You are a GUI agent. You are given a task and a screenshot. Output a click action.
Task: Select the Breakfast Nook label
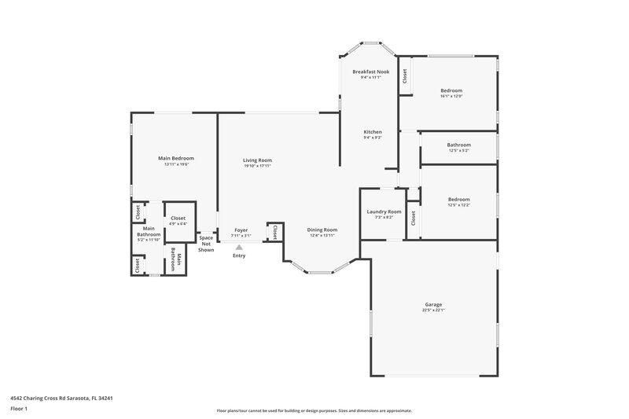370,72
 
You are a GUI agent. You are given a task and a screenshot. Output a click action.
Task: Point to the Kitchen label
373,131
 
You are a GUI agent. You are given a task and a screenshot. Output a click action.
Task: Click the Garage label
433,304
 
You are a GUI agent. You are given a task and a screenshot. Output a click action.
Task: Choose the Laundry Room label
384,211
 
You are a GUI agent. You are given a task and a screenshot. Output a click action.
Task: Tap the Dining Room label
322,230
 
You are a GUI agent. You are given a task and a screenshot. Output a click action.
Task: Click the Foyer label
241,230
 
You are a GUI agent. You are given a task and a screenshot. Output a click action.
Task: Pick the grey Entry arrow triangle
239,247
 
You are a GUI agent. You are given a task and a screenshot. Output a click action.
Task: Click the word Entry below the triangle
239,256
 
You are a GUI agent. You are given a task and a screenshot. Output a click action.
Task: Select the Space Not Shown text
206,243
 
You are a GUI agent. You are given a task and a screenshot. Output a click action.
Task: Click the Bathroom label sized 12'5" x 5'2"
459,145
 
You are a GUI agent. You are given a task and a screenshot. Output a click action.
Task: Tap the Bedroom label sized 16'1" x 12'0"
451,90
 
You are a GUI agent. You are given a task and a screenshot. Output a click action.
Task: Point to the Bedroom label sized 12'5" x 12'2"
459,199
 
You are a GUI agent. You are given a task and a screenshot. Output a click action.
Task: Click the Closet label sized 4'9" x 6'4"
178,218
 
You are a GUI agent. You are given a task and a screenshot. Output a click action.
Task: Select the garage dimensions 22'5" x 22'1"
433,311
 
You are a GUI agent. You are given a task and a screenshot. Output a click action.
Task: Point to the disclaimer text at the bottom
314,410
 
